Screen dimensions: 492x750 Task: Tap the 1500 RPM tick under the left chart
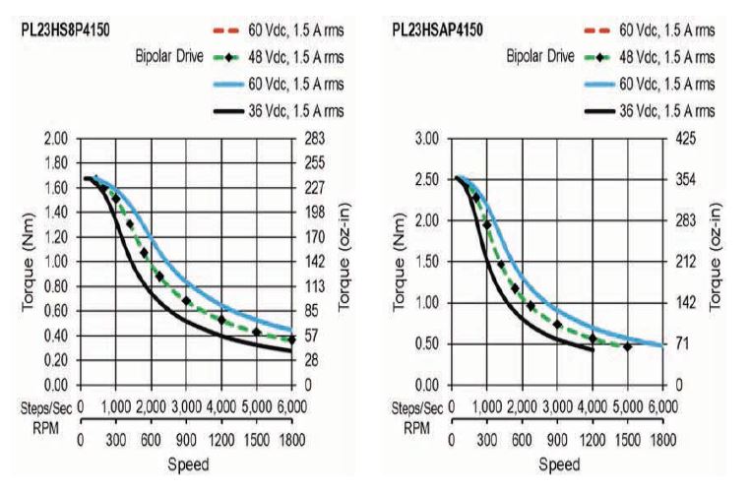click(256, 439)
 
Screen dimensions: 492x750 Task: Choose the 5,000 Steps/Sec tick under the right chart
click(626, 405)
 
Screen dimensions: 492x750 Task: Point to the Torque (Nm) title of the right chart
click(402, 261)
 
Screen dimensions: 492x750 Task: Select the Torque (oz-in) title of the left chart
click(345, 261)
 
